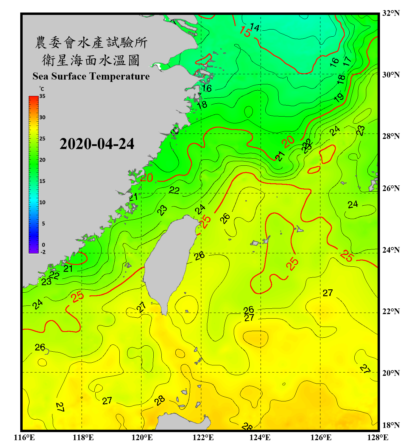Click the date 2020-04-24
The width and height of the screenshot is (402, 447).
pyautogui.click(x=97, y=144)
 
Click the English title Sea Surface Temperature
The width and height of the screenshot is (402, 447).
pyautogui.click(x=91, y=76)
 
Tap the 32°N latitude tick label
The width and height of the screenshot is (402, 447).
pyautogui.click(x=391, y=13)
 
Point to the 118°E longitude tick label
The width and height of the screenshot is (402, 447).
pyautogui.click(x=83, y=437)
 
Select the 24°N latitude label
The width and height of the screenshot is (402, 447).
pyautogui.click(x=391, y=250)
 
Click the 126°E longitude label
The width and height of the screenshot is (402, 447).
pyautogui.click(x=321, y=437)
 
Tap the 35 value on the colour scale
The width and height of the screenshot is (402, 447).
pyautogui.click(x=42, y=96)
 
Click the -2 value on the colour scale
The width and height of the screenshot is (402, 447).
pyautogui.click(x=43, y=252)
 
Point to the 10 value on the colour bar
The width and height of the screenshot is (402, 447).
pyautogui.click(x=42, y=202)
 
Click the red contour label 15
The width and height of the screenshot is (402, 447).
pyautogui.click(x=245, y=32)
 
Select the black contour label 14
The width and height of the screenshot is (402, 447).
pyautogui.click(x=255, y=27)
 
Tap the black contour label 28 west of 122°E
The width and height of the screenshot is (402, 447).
pyautogui.click(x=160, y=400)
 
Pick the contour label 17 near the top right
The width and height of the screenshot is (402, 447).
pyautogui.click(x=347, y=61)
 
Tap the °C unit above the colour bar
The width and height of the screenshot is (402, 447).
pyautogui.click(x=41, y=89)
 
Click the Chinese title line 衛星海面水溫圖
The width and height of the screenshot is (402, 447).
pyautogui.click(x=91, y=60)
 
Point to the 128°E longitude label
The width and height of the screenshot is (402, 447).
pyautogui.click(x=378, y=437)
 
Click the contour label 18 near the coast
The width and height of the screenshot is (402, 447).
pyautogui.click(x=202, y=104)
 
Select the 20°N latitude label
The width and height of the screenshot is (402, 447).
pyautogui.click(x=391, y=373)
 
